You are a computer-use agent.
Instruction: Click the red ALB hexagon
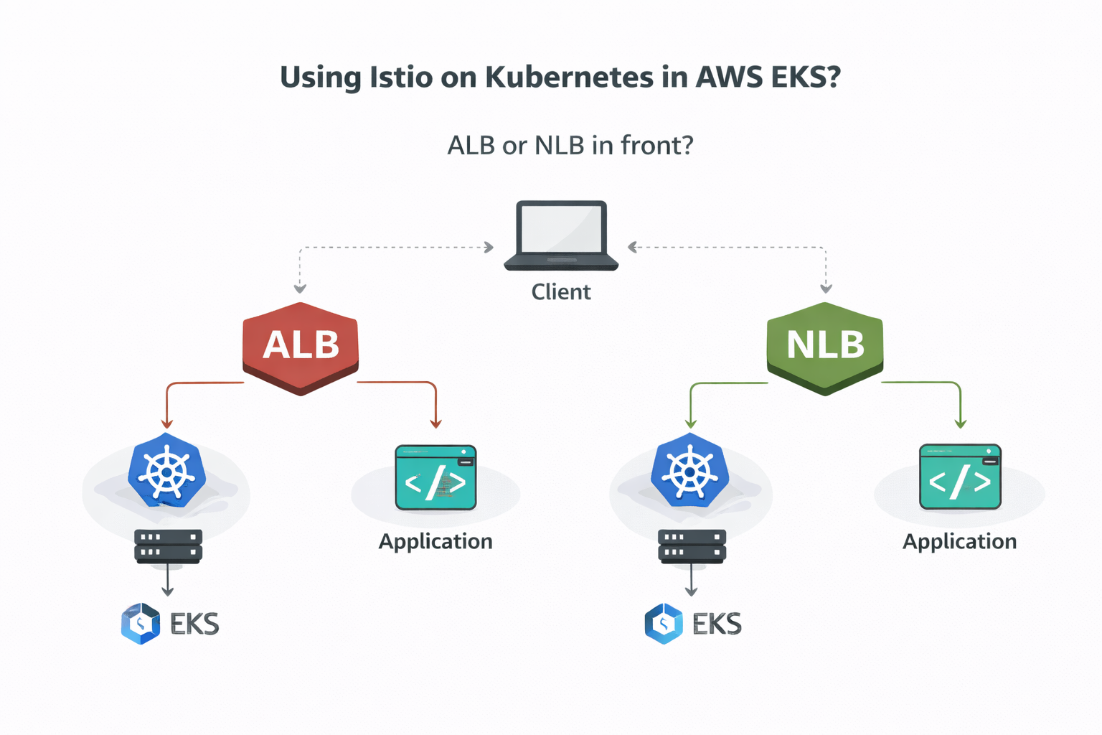click(301, 347)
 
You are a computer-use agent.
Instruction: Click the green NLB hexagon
click(825, 347)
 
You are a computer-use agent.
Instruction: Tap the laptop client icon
click(561, 235)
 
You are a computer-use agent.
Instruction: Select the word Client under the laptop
click(561, 292)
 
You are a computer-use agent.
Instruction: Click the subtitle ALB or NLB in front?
click(570, 146)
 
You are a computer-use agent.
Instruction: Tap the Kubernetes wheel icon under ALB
click(167, 472)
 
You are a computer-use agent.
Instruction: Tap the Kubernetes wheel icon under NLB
click(690, 472)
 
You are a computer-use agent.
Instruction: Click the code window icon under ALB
click(435, 478)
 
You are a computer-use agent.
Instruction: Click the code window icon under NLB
click(960, 478)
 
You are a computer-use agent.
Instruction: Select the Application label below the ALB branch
click(435, 541)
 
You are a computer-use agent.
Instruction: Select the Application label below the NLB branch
click(959, 541)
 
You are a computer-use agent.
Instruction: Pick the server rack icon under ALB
click(168, 546)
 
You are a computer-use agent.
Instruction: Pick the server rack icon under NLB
click(692, 546)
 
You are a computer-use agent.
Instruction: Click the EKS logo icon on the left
click(141, 623)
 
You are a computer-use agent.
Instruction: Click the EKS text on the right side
click(717, 624)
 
